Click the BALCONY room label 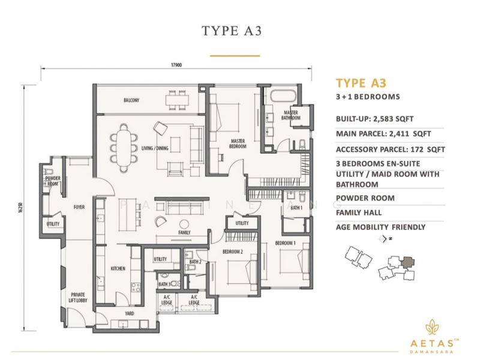[x=131, y=100]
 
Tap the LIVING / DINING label [x=155, y=148]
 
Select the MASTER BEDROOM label [x=238, y=143]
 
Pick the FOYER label [x=79, y=208]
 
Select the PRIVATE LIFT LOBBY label [x=78, y=298]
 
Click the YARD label [x=129, y=313]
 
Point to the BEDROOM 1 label [x=285, y=243]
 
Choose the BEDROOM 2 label [x=232, y=251]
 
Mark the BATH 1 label [x=296, y=208]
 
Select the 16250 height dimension [x=21, y=207]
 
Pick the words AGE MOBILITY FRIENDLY [x=380, y=227]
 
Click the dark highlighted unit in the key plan [x=407, y=261]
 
